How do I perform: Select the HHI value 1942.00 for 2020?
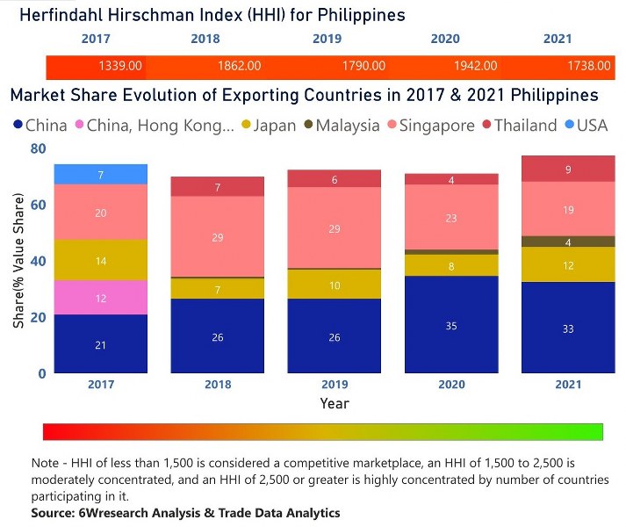click(477, 66)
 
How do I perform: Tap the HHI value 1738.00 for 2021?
click(590, 66)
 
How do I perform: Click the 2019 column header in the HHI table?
click(327, 39)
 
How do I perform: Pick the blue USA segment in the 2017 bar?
click(100, 175)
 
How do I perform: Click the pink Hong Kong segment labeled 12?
click(100, 299)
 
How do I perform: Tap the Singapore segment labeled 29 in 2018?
click(217, 237)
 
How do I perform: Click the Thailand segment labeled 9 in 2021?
click(568, 170)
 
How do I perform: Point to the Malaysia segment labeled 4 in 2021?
click(568, 242)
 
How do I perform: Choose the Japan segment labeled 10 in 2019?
click(334, 285)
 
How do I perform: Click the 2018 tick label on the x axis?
click(217, 385)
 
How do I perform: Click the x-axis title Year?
click(334, 404)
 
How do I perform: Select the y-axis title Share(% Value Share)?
click(18, 262)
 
